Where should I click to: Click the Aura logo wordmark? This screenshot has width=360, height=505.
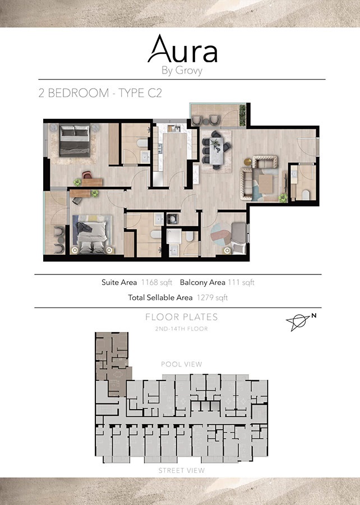tap(182, 50)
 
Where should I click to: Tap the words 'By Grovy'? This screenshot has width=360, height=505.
tap(182, 71)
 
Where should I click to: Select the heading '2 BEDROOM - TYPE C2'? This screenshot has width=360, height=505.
tap(100, 93)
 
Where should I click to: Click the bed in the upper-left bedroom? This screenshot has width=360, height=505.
tap(75, 140)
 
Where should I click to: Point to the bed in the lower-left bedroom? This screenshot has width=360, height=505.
tap(91, 235)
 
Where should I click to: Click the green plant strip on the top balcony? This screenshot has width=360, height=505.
tap(242, 114)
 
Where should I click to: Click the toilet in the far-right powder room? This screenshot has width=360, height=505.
tap(307, 194)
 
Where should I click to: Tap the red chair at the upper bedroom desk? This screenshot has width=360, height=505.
tap(87, 175)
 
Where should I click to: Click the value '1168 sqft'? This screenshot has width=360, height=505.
tap(157, 282)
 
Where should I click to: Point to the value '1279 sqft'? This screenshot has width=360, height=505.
tap(213, 297)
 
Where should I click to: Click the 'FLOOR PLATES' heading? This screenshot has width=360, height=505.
tap(182, 317)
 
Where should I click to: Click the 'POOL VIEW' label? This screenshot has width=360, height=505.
tap(182, 364)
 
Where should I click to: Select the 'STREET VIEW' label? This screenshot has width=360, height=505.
tap(182, 470)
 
